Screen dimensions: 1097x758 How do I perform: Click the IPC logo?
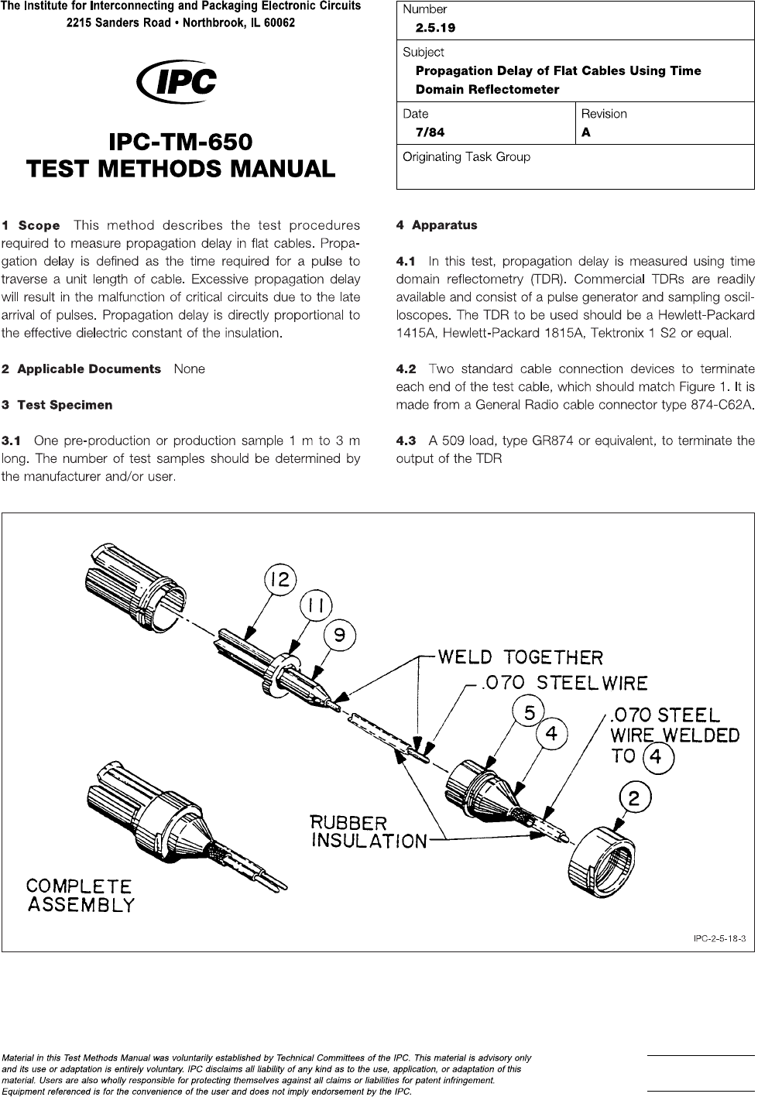pyautogui.click(x=176, y=82)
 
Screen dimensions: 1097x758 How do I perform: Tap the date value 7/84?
pyautogui.click(x=430, y=132)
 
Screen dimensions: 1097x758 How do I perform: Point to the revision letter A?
pyautogui.click(x=586, y=132)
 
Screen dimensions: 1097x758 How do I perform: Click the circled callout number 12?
pyautogui.click(x=281, y=578)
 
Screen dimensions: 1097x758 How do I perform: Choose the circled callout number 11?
pyautogui.click(x=314, y=607)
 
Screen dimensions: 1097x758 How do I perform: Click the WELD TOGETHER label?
pyautogui.click(x=520, y=657)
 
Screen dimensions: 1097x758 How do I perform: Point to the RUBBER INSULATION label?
pyautogui.click(x=369, y=831)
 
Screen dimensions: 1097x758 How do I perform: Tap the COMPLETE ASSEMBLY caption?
pyautogui.click(x=80, y=895)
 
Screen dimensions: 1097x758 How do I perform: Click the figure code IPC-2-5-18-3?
pyautogui.click(x=718, y=939)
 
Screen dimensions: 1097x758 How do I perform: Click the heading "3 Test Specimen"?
pyautogui.click(x=57, y=405)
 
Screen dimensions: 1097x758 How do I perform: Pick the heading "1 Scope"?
pyautogui.click(x=31, y=226)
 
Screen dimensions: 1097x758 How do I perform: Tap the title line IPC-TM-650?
pyautogui.click(x=181, y=142)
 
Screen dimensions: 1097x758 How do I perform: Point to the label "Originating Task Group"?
pyautogui.click(x=466, y=157)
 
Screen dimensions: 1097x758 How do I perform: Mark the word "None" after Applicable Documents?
pyautogui.click(x=190, y=369)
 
